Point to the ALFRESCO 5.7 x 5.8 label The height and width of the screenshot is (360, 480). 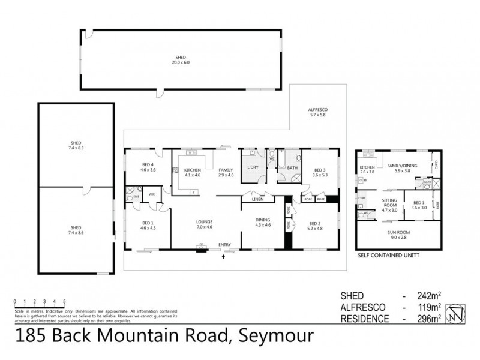coord(317,112)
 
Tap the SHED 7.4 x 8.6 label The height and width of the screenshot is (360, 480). coord(76,230)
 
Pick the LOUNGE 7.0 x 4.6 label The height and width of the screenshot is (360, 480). coord(204,225)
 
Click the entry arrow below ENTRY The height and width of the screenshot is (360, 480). coord(224,256)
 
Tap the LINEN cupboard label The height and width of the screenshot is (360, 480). coord(258,198)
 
